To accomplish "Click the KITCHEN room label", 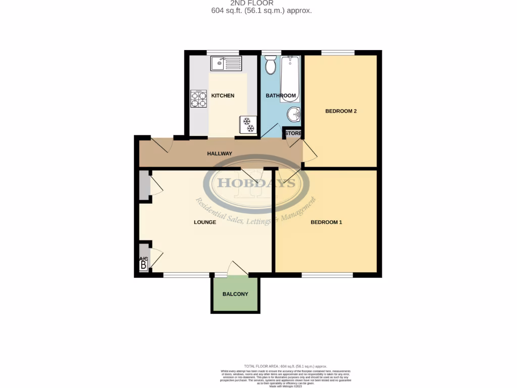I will point(223,95).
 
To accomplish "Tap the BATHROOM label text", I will point(281,95).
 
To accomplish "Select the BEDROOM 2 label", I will point(341,111).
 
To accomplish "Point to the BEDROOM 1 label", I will point(326,222).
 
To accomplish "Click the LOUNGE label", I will point(205,222).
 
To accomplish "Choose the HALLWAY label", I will point(220,154).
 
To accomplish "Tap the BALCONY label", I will point(235,294).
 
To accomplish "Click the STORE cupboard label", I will point(293,133).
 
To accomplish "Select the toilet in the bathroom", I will point(271,66).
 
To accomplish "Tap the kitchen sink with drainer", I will point(227,64).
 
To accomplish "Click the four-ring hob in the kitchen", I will point(198,99).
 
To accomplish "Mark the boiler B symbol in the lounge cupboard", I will point(143,264).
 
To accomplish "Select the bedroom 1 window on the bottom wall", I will point(327,275).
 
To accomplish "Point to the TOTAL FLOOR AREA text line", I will point(285,366).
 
